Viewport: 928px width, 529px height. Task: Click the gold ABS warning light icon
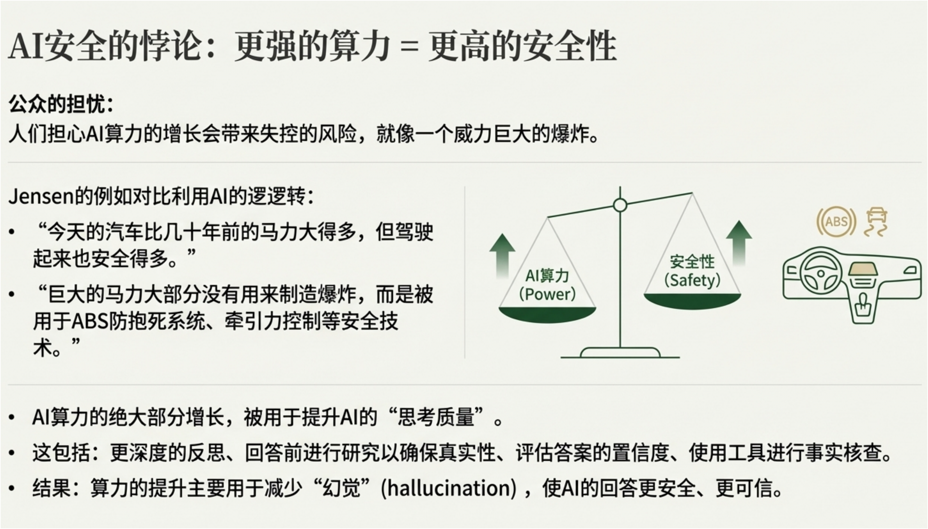836,222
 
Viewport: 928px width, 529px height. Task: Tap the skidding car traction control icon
876,222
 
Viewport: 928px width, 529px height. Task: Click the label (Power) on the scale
547,294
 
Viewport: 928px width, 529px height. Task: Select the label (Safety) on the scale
692,280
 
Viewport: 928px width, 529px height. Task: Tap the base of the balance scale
620,353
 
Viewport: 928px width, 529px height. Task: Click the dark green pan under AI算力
547,315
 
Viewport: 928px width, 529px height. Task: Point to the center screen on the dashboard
863,269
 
